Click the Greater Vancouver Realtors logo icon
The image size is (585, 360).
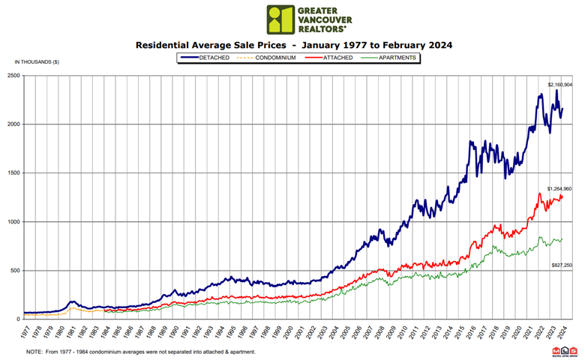[281, 19]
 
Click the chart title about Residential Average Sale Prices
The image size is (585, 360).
[294, 45]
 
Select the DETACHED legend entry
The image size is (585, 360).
[205, 57]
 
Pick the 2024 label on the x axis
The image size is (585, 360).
[562, 331]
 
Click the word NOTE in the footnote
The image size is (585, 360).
[35, 352]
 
